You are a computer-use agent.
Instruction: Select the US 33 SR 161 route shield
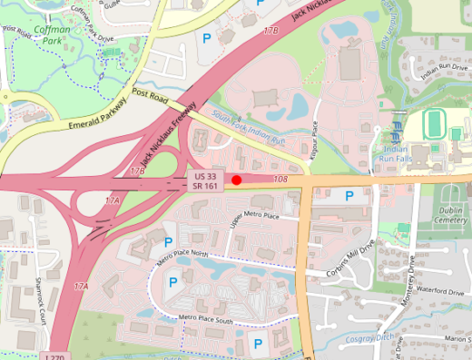[204, 180]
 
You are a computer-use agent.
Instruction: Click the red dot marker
[236, 180]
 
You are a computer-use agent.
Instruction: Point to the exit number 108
[280, 180]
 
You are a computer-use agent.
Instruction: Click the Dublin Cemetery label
[452, 215]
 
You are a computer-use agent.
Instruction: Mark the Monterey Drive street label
[411, 271]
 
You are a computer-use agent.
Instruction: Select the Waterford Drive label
[442, 292]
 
